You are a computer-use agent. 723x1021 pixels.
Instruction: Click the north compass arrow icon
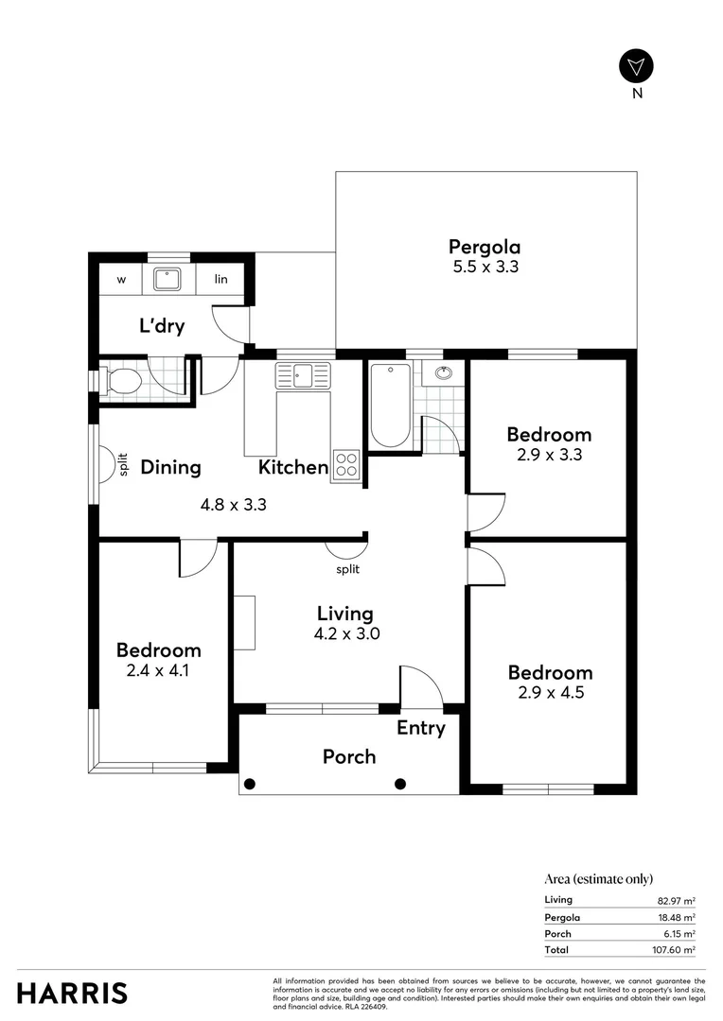pos(636,65)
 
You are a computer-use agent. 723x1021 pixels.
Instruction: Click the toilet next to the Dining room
pos(123,382)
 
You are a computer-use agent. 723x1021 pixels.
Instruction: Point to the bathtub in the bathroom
pos(390,407)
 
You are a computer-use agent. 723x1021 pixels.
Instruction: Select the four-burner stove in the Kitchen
pos(346,464)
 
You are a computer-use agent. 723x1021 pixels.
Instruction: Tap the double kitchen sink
pos(303,375)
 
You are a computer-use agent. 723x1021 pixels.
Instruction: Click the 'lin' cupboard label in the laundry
pos(220,280)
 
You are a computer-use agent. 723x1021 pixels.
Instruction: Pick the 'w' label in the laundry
pos(122,280)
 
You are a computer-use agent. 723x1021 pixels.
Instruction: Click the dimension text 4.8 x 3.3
pos(233,505)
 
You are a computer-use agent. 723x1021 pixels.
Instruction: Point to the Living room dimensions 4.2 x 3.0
pos(346,634)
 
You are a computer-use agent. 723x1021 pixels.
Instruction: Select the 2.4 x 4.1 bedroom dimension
pos(158,671)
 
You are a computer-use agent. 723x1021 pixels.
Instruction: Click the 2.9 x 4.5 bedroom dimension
pos(550,693)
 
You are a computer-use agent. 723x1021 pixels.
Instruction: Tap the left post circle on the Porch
pos(250,783)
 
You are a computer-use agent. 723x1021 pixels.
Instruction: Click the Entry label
pos(420,728)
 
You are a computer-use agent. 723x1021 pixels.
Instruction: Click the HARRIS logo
pos(72,993)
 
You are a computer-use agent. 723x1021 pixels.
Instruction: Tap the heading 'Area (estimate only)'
pos(598,878)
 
